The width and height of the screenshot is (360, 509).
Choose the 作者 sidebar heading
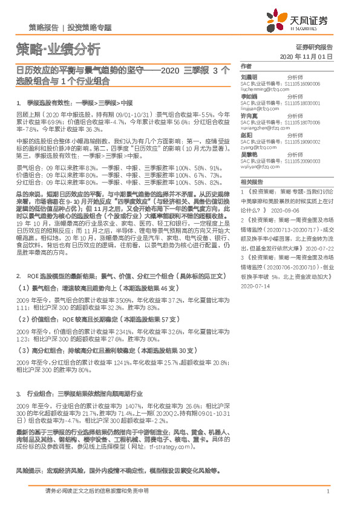tap(245, 65)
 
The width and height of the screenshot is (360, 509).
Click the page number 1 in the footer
tap(327, 492)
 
